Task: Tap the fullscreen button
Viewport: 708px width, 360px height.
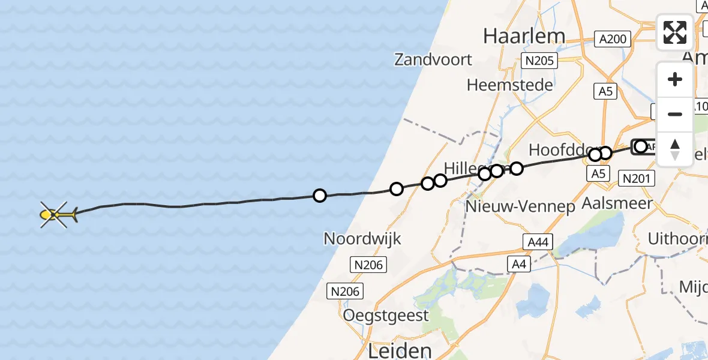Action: [675, 32]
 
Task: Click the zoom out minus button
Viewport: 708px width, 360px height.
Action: [675, 114]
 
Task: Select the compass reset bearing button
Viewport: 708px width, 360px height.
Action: [675, 149]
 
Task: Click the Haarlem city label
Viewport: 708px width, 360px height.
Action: [524, 36]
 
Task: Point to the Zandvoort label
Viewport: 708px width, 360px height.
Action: [433, 59]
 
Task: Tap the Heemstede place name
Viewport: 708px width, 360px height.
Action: [509, 85]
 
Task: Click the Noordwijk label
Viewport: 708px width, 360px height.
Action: [362, 238]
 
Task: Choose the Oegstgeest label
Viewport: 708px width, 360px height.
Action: [386, 315]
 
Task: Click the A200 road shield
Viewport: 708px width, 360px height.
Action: [613, 40]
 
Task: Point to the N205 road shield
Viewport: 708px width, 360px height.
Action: [539, 60]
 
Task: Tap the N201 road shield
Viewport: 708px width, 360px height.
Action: [638, 178]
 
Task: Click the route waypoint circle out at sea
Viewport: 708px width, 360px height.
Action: [320, 195]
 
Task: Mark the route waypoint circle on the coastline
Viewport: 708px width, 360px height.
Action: [396, 189]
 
